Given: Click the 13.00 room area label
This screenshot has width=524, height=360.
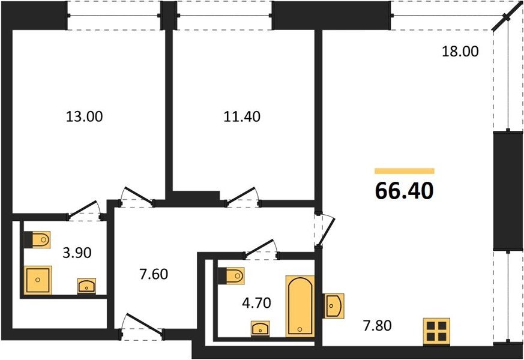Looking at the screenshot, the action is (x=84, y=117).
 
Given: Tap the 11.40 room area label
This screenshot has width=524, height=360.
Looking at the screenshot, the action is (x=242, y=117).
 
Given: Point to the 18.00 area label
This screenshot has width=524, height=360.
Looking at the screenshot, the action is (x=460, y=52).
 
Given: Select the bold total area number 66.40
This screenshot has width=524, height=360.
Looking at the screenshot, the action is (x=405, y=191).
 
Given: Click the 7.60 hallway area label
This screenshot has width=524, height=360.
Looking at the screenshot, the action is (x=154, y=274).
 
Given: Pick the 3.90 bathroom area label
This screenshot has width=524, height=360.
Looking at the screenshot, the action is (x=77, y=253).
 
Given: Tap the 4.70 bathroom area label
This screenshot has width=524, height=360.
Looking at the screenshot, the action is (x=256, y=303).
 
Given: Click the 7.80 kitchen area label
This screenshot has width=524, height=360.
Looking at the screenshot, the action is (x=378, y=325).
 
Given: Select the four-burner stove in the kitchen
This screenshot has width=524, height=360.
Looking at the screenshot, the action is (x=436, y=331).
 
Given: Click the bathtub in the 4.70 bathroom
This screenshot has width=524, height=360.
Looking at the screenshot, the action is (x=300, y=306).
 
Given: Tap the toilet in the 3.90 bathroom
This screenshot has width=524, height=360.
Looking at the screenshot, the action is (x=37, y=239).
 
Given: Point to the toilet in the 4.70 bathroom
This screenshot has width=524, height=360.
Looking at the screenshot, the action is (x=230, y=276).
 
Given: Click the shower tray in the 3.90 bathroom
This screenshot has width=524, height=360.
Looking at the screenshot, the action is (x=38, y=280).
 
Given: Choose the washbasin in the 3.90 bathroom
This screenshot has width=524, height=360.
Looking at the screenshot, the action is (x=86, y=286).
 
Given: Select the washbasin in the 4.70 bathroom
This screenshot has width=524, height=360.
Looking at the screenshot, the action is (x=260, y=328).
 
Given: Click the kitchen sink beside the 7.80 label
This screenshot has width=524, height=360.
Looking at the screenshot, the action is (x=333, y=305).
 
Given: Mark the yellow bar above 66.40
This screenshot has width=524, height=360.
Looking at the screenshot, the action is (x=405, y=171).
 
